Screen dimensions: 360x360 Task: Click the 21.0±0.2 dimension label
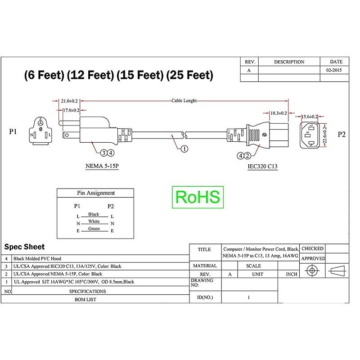[x=69, y=101]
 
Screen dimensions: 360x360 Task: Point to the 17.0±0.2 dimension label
[x=70, y=110]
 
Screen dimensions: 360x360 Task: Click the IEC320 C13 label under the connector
[x=262, y=166]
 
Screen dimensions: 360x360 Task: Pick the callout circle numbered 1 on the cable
[x=184, y=149]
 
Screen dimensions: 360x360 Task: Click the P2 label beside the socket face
[x=342, y=134]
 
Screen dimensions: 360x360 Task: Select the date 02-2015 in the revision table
[x=334, y=71]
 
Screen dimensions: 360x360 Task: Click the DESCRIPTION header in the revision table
[x=289, y=62]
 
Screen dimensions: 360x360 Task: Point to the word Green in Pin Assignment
[x=94, y=229]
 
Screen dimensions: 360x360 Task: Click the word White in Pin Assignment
[x=94, y=221]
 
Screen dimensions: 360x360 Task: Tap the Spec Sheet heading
[x=24, y=247]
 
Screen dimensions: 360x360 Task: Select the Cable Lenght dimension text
[x=184, y=101]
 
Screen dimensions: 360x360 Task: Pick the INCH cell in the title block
[x=291, y=274]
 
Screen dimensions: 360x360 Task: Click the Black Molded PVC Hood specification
[x=37, y=259]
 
